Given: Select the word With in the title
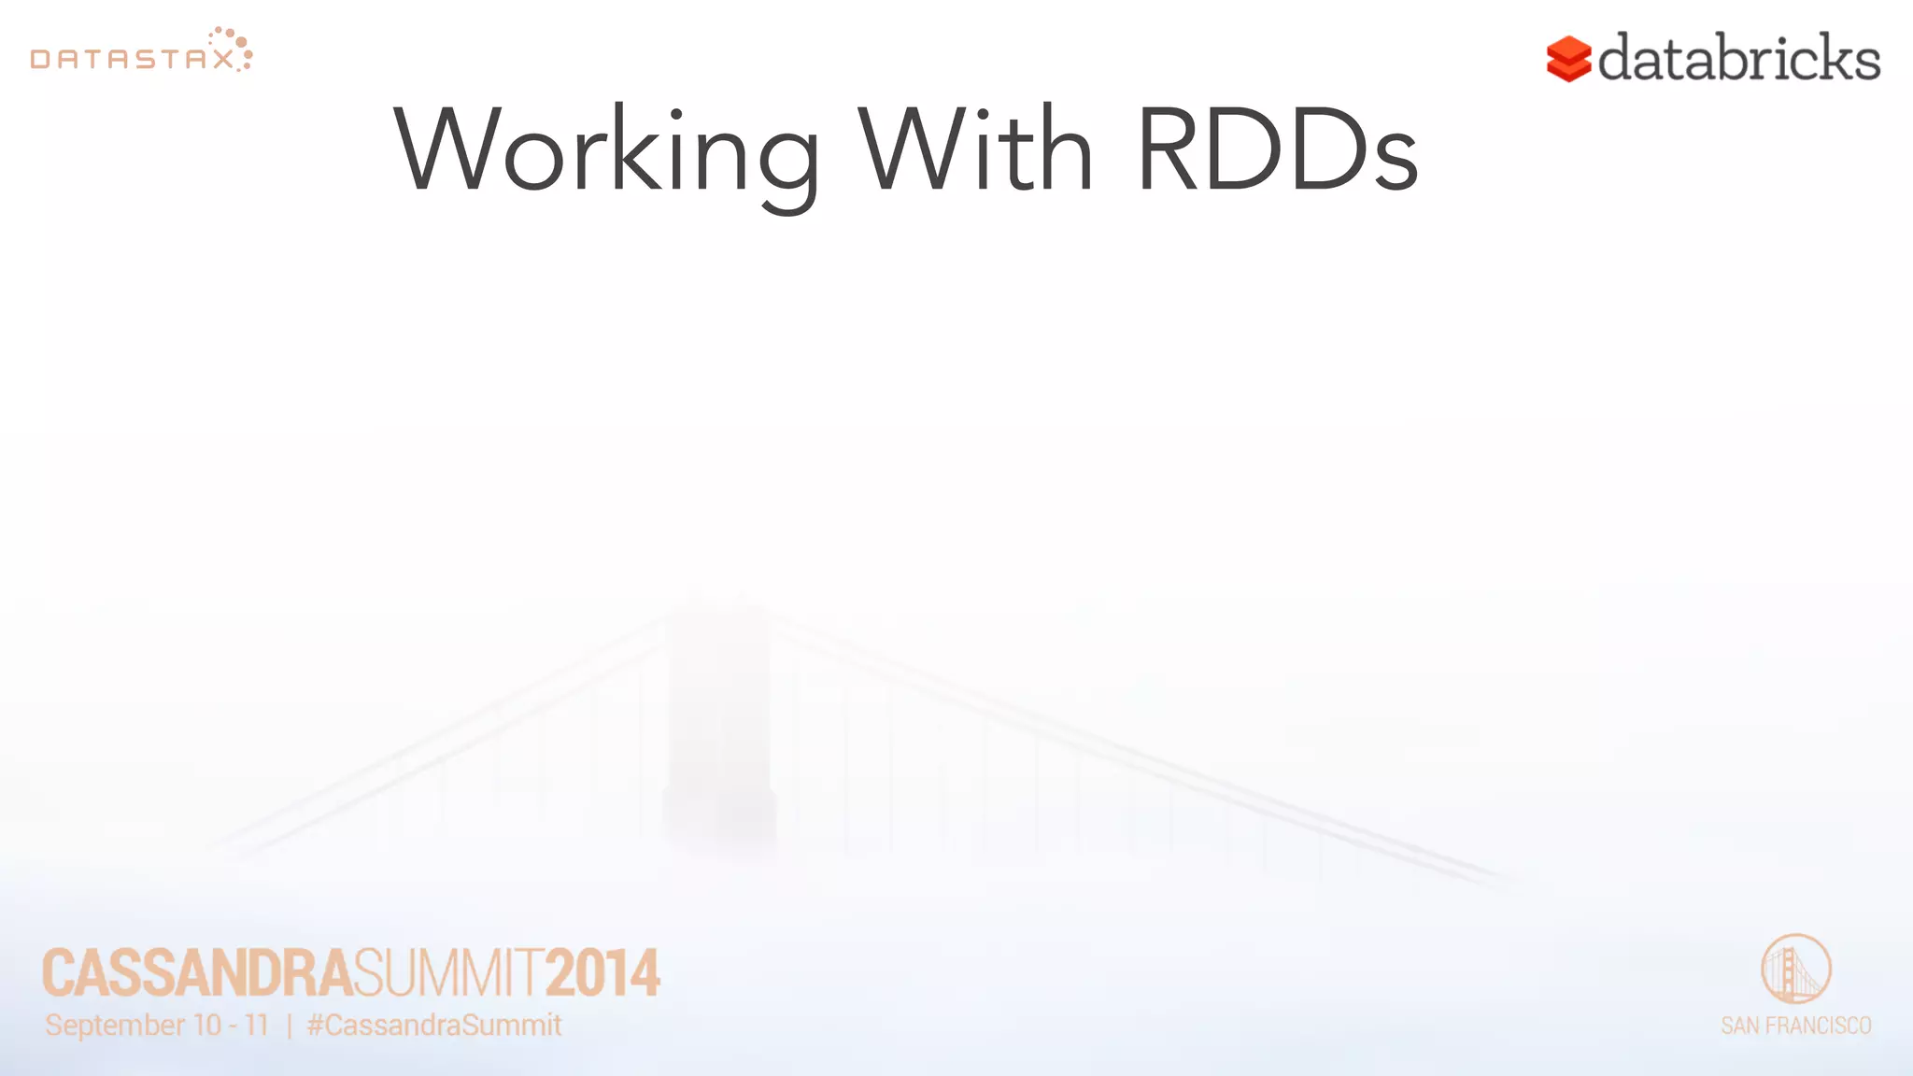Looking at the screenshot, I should coord(975,149).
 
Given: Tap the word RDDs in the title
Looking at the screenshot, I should coord(1277,149).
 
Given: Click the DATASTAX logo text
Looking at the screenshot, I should coord(132,60).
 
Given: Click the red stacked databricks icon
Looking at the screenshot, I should coord(1568,59).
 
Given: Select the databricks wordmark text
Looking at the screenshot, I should coord(1738,58).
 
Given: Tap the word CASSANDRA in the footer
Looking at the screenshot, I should coord(197,973).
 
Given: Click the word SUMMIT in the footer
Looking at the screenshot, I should coord(448,973).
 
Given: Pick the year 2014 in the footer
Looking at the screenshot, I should coord(602,973).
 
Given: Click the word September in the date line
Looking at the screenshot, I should coord(115,1026).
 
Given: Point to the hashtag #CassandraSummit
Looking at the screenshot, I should coord(434,1026).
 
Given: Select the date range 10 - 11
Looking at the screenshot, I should coord(231,1026).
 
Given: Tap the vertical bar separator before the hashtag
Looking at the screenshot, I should coord(289,1026).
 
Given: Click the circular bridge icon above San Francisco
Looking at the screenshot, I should coord(1795,969).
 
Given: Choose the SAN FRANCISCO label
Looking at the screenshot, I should coord(1795,1026).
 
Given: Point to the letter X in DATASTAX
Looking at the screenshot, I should coord(223,60).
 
